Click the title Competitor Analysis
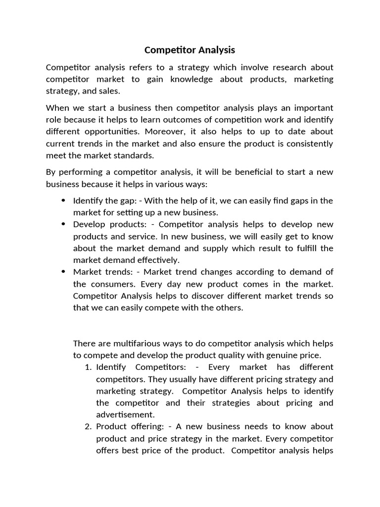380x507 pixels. point(190,50)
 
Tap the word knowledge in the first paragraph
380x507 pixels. point(192,79)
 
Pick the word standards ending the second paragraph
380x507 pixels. point(134,155)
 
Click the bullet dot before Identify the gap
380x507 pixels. point(63,201)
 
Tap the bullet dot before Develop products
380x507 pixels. point(63,224)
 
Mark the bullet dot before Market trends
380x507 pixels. point(63,272)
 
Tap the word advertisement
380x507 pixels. point(125,414)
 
